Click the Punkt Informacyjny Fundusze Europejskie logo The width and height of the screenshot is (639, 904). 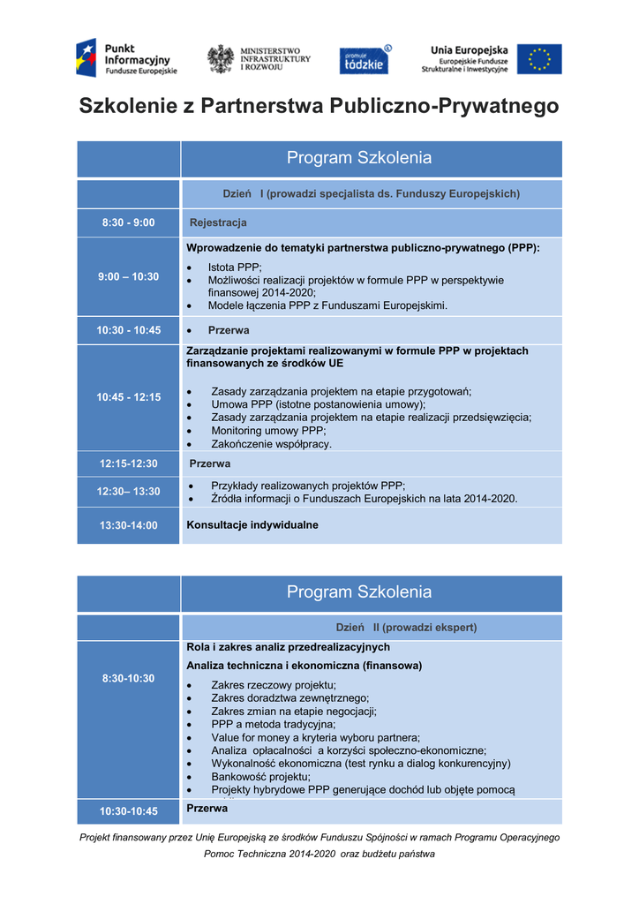(x=126, y=58)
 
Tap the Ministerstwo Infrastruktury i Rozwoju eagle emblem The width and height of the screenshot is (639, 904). (x=220, y=59)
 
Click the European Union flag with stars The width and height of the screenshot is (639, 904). (x=539, y=59)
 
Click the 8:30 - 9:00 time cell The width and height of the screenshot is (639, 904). (x=128, y=222)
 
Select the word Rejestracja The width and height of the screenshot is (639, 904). (x=218, y=222)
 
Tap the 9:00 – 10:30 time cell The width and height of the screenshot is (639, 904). (x=128, y=276)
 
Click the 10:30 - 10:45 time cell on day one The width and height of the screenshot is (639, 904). (x=128, y=330)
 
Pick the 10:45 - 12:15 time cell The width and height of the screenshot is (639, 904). (x=128, y=397)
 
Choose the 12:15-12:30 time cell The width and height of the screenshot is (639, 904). (x=128, y=463)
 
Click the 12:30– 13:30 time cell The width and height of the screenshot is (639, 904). (x=128, y=492)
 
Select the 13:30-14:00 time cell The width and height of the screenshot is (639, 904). (x=128, y=525)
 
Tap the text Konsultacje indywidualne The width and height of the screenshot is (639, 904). (x=252, y=524)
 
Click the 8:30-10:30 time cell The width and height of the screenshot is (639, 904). (x=128, y=678)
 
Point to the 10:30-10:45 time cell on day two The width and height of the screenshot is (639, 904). (x=128, y=811)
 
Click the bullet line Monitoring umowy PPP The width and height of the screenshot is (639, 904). (x=268, y=431)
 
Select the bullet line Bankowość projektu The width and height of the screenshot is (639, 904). (x=260, y=777)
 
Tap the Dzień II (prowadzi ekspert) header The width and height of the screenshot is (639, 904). (x=406, y=628)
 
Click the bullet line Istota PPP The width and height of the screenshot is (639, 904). (x=235, y=267)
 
